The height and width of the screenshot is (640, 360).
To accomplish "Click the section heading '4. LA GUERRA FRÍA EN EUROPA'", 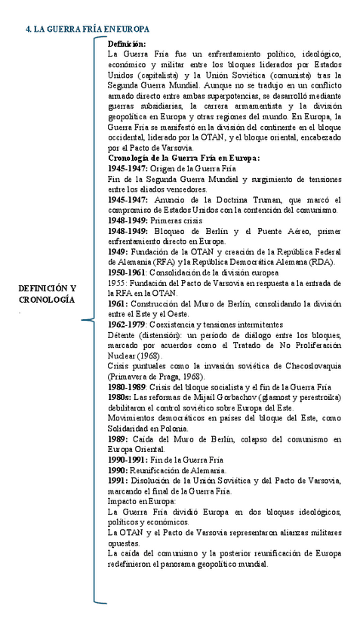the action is [87, 29].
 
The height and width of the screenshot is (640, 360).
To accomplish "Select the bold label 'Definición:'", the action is [128, 45].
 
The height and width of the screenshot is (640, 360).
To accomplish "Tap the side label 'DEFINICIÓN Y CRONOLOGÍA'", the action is [47, 294].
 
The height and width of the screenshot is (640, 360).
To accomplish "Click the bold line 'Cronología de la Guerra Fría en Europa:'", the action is [184, 158].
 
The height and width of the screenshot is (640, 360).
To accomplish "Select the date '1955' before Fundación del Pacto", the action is [118, 282].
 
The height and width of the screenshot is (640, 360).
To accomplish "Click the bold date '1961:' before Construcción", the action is [120, 303].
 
